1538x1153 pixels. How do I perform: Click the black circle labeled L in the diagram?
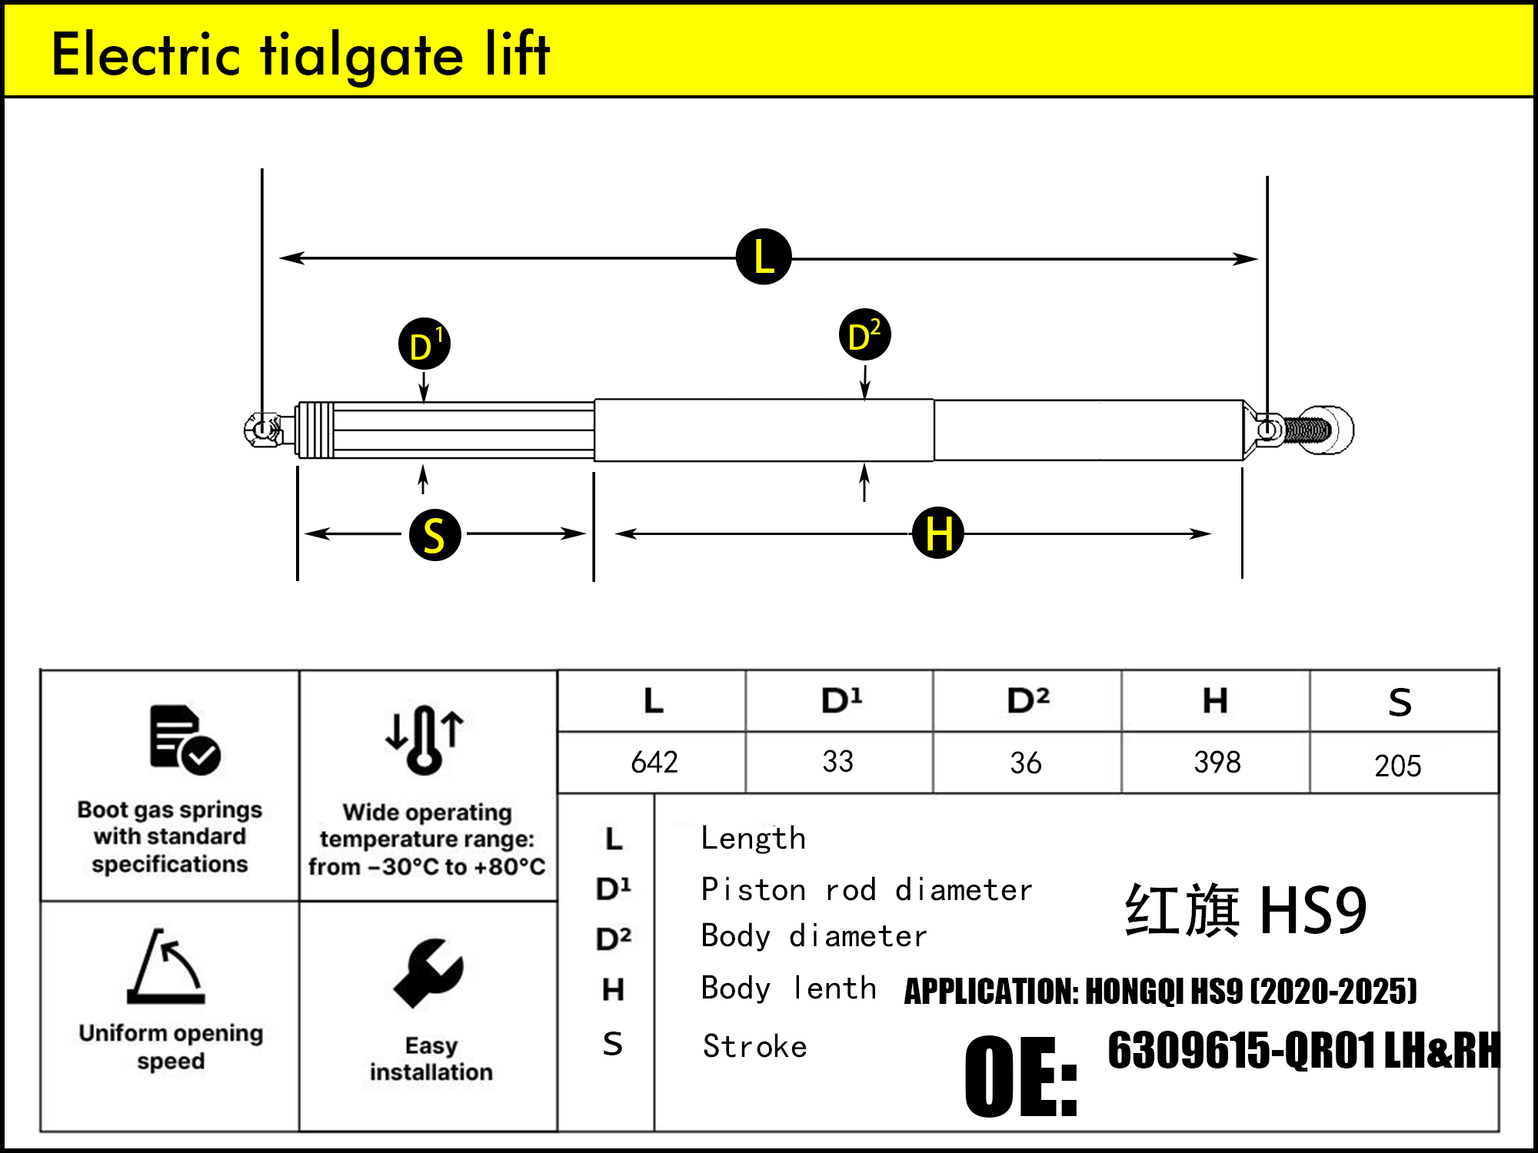[764, 257]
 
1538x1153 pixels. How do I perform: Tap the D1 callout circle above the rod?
[424, 344]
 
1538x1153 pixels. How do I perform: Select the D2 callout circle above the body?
[864, 335]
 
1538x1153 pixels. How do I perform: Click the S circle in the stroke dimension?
[434, 534]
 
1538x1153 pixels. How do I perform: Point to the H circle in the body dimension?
[937, 533]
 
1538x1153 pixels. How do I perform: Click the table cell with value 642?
[654, 763]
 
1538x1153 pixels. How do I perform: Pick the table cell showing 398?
[1217, 763]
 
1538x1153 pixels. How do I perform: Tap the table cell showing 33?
[837, 762]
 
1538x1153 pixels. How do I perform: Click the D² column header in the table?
[1027, 700]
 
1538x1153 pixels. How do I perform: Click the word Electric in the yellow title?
[146, 55]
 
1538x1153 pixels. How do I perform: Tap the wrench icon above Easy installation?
[428, 972]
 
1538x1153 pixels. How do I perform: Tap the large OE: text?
[1020, 1076]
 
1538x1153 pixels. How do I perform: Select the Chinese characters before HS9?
[1182, 910]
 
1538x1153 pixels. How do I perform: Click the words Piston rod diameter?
[866, 889]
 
